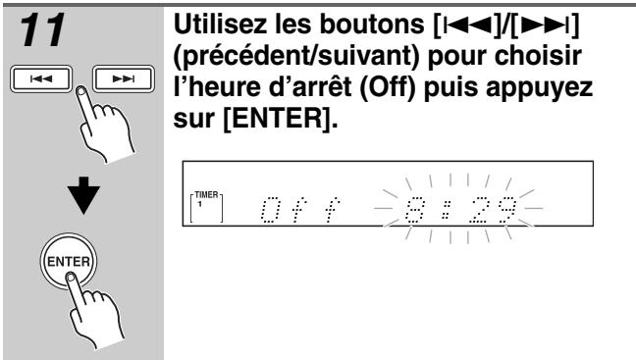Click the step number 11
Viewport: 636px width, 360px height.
click(x=42, y=30)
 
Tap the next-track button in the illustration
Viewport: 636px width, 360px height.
click(x=124, y=78)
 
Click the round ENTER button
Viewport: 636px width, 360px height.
click(x=69, y=261)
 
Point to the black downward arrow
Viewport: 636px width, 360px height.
click(x=83, y=195)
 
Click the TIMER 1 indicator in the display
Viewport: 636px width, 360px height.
click(x=206, y=207)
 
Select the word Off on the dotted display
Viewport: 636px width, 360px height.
click(x=299, y=210)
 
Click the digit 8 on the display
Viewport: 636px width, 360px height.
click(x=415, y=210)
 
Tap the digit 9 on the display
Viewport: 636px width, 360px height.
click(x=507, y=210)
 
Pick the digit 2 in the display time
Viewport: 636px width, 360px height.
click(x=478, y=210)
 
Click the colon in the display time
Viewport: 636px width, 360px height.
click(x=447, y=211)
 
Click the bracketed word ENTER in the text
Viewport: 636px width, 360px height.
click(x=280, y=119)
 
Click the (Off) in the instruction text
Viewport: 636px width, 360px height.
click(x=388, y=87)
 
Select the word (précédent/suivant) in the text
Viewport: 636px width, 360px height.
click(x=296, y=57)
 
